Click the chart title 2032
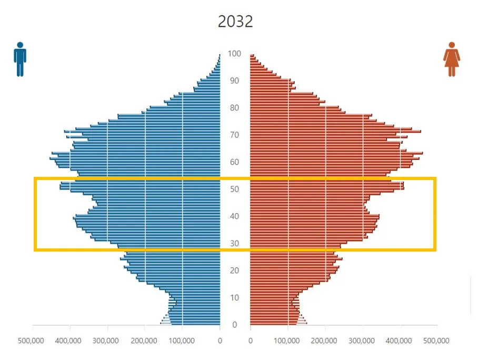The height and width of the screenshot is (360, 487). (x=235, y=22)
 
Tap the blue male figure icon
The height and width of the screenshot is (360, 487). (x=20, y=59)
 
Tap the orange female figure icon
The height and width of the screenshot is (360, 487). (x=451, y=59)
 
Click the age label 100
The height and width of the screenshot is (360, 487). (x=235, y=54)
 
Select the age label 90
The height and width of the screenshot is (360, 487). (x=235, y=81)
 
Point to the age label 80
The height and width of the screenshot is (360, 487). (x=235, y=108)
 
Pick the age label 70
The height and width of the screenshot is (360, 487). (x=235, y=135)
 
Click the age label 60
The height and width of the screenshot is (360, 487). (x=235, y=162)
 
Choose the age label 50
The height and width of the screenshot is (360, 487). (x=235, y=189)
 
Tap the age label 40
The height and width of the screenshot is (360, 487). (x=235, y=216)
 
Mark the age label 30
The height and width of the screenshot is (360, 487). (x=235, y=243)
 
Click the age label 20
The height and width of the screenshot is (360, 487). (x=235, y=271)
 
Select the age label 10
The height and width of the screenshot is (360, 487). (x=235, y=297)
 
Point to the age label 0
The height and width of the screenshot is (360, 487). (x=235, y=325)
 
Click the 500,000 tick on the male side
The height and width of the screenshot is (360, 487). (x=31, y=341)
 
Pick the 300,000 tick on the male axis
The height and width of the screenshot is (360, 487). (x=106, y=341)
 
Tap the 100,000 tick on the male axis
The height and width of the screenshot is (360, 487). (x=181, y=341)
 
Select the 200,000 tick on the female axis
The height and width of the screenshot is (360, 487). (x=325, y=341)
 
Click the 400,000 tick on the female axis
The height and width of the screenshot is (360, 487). (x=400, y=341)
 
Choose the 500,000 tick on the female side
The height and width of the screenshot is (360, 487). (x=436, y=341)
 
